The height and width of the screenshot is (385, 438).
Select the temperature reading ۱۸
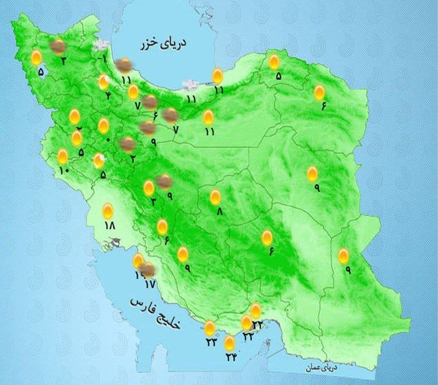click(x=110, y=225)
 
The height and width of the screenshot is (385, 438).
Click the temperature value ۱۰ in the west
click(x=64, y=171)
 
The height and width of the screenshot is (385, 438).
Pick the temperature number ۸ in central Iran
click(x=217, y=211)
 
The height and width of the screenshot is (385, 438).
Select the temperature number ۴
click(x=108, y=95)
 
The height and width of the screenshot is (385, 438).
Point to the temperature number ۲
click(x=133, y=158)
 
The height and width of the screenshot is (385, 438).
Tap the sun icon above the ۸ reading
click(x=215, y=198)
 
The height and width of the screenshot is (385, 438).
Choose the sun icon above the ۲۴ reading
click(x=229, y=343)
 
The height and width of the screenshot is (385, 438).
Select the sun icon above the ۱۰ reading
click(x=62, y=157)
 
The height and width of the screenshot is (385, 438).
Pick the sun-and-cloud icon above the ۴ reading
click(x=104, y=82)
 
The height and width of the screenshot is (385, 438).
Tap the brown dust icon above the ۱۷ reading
click(x=148, y=271)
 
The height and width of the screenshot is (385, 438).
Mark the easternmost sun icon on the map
click(x=344, y=256)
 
